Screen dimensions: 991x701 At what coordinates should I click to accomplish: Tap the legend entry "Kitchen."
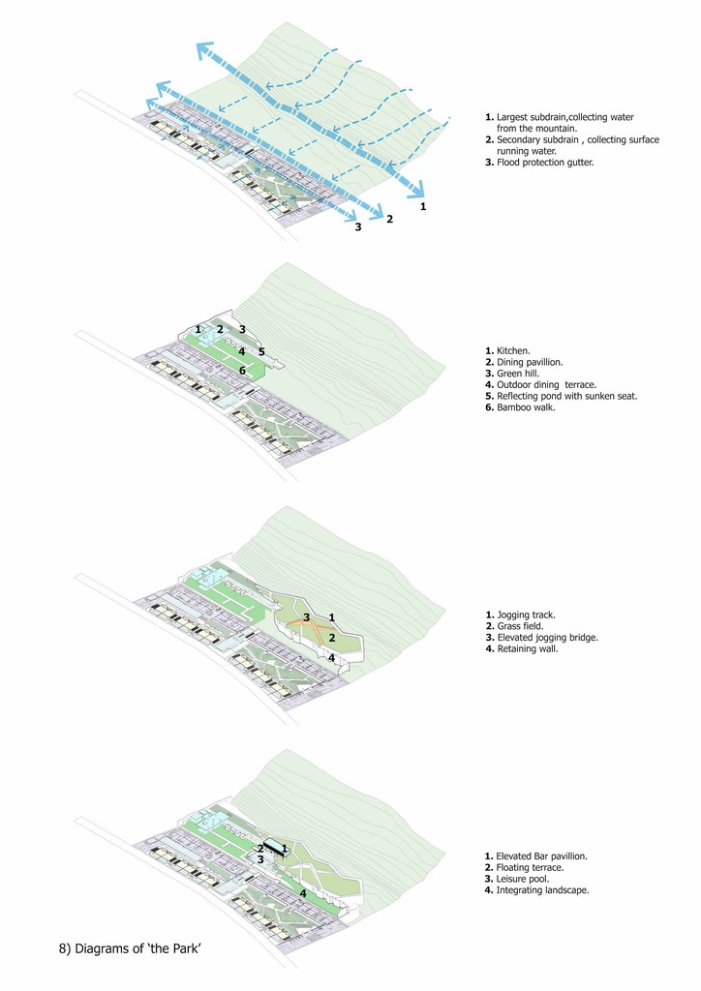pos(513,350)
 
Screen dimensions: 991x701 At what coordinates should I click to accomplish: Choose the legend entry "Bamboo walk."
pos(527,408)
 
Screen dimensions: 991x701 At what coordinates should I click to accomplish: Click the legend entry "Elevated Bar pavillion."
pos(541,856)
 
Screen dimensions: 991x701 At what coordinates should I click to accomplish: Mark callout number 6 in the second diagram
pos(242,371)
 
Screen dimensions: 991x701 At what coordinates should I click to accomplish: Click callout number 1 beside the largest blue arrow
pos(423,206)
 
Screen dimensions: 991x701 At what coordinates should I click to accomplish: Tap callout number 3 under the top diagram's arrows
pos(357,226)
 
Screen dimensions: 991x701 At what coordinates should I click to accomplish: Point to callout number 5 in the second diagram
pos(261,350)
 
